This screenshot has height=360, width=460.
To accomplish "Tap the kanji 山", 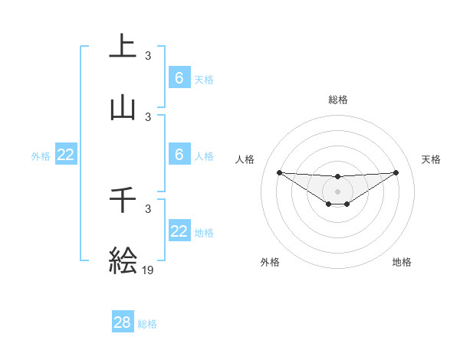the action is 123,109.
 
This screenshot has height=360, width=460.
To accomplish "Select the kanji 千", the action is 123,200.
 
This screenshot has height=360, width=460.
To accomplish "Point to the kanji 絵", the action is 123,260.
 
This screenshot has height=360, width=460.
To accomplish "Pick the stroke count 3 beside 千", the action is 148,208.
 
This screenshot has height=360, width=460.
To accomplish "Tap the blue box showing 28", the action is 123,322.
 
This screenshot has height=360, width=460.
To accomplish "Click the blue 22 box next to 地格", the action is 179,231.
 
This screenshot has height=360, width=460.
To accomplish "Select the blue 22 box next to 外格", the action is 66,155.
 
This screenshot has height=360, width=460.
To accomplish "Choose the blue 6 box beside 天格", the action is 179,78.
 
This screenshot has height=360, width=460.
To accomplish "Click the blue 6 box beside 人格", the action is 179,155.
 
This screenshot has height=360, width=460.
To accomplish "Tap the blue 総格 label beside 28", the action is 147,324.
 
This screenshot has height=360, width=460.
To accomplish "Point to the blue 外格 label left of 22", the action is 41,156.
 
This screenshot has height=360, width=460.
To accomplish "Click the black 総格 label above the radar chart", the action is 337,100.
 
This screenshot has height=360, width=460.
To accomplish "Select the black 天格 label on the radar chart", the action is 432,159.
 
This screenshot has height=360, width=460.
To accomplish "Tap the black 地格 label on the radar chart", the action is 402,262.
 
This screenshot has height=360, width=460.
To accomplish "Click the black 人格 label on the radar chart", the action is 245,159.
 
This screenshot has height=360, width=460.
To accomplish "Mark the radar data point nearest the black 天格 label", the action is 396,172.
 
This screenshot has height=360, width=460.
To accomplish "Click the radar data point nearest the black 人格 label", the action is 279,172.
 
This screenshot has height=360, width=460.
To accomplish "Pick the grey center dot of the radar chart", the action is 337,191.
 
